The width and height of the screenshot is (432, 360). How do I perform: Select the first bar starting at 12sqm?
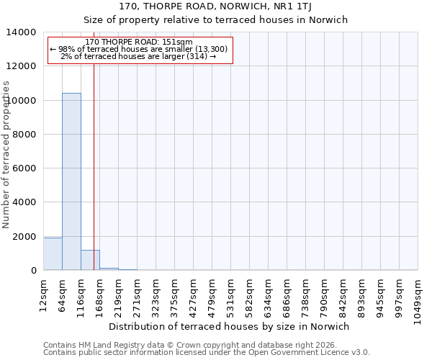(x=53, y=254)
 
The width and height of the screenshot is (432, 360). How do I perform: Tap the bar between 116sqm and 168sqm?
(x=90, y=261)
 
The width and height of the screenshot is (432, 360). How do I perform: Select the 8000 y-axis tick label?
(x=24, y=135)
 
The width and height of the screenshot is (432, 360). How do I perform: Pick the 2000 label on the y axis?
(x=24, y=237)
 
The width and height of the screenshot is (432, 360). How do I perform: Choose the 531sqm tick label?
(x=231, y=294)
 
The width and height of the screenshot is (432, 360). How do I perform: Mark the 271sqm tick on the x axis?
(x=138, y=294)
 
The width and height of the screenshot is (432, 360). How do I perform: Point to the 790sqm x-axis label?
(x=325, y=294)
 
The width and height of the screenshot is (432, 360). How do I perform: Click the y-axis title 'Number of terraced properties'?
(x=6, y=155)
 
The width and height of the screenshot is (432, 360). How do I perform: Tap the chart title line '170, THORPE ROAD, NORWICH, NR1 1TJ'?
(x=215, y=7)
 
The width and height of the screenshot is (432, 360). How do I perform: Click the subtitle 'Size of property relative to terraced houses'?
(x=215, y=20)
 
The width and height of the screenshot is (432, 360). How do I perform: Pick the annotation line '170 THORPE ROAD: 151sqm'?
(x=138, y=42)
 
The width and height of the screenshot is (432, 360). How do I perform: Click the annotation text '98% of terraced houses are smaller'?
(x=138, y=49)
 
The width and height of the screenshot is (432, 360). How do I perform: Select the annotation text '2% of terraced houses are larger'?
(x=138, y=56)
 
